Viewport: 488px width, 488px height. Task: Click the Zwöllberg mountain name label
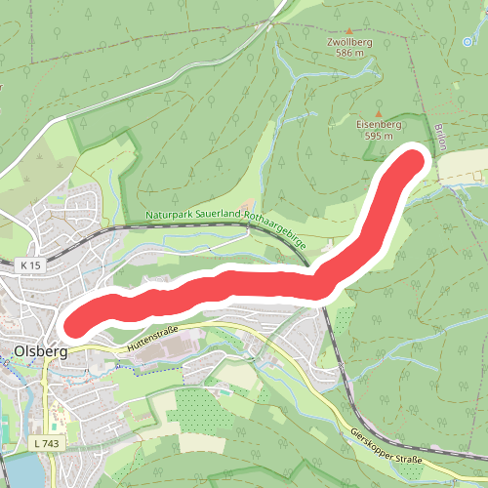[x=349, y=42]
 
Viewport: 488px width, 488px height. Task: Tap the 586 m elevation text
[x=349, y=53]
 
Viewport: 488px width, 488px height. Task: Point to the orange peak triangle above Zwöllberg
[x=349, y=31]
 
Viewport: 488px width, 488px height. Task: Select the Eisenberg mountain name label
[x=378, y=125]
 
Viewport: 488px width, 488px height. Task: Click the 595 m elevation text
[x=378, y=136]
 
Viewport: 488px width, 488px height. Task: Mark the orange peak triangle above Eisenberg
[x=378, y=114]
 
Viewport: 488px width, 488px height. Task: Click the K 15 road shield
[x=31, y=264]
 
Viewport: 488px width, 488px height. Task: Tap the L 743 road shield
[x=45, y=444]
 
